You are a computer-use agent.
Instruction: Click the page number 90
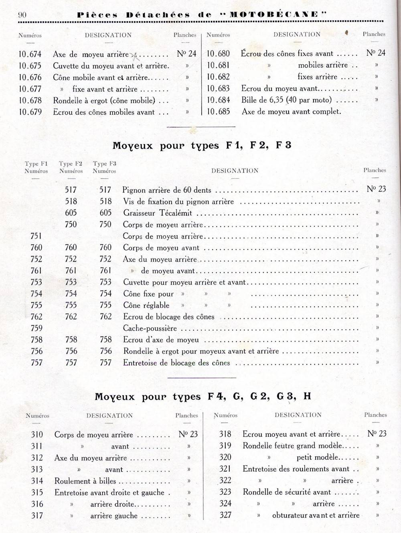(x=22, y=15)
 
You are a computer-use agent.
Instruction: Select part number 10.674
(x=30, y=54)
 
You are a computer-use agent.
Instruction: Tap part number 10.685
(x=218, y=111)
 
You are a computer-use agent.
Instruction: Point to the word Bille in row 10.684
(x=249, y=100)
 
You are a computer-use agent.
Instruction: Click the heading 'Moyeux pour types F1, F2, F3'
(x=202, y=145)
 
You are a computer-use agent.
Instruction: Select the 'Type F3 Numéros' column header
(x=104, y=167)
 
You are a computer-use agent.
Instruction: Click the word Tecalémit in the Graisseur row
(x=176, y=213)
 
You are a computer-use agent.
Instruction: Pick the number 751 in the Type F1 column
(x=36, y=236)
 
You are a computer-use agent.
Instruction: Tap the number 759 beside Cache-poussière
(x=36, y=328)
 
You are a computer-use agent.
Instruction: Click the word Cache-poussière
(x=150, y=328)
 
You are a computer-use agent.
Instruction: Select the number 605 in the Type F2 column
(x=71, y=213)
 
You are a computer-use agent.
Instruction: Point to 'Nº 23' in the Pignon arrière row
(x=376, y=189)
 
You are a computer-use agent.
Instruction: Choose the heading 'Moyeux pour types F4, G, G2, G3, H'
(x=203, y=397)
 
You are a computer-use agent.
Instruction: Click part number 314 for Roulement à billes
(x=37, y=481)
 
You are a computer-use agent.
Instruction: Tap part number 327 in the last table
(x=225, y=515)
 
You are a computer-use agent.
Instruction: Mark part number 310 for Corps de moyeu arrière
(x=37, y=435)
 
